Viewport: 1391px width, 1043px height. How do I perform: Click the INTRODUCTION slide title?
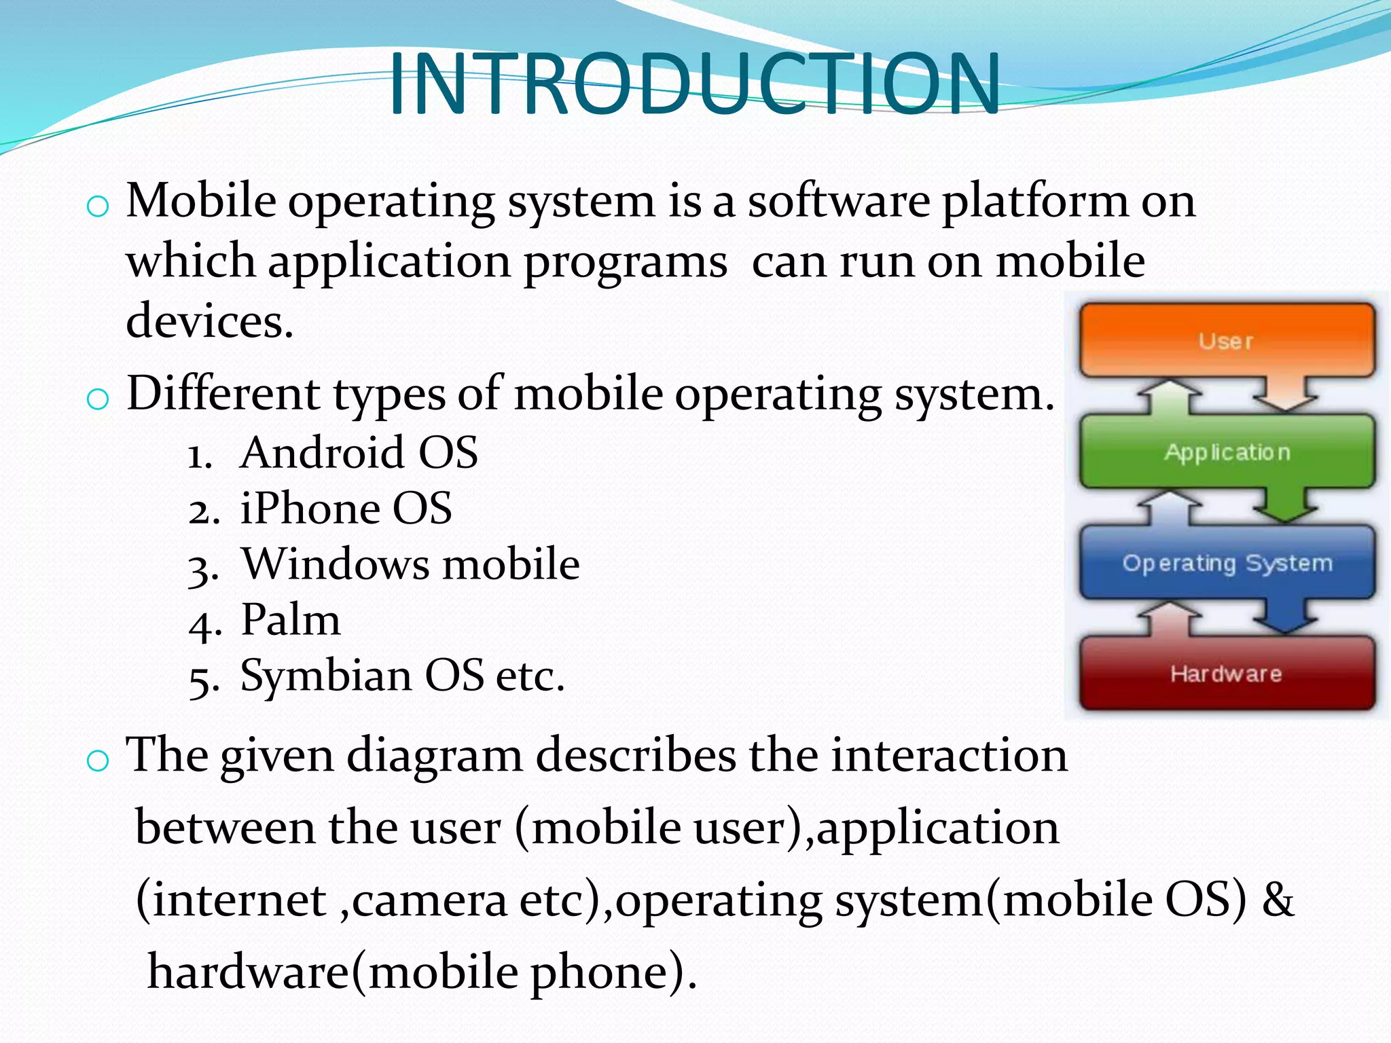tap(694, 84)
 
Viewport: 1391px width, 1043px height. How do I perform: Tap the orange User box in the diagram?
tap(1227, 340)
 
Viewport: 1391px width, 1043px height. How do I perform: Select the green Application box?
tap(1227, 452)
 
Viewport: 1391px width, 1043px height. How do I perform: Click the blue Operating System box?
tap(1227, 563)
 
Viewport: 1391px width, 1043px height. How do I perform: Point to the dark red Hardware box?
tap(1227, 674)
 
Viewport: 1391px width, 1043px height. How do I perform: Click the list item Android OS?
tap(359, 453)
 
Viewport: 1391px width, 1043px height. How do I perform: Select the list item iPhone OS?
tap(346, 509)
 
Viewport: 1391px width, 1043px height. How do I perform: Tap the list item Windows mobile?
tap(411, 564)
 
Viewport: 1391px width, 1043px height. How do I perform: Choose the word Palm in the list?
tap(291, 620)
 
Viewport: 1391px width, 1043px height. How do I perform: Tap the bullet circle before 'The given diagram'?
tap(98, 761)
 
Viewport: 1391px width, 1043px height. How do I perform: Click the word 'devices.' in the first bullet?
tap(209, 321)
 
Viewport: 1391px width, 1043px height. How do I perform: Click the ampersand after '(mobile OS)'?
tap(1278, 900)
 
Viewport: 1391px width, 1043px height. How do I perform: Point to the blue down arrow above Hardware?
tap(1285, 618)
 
